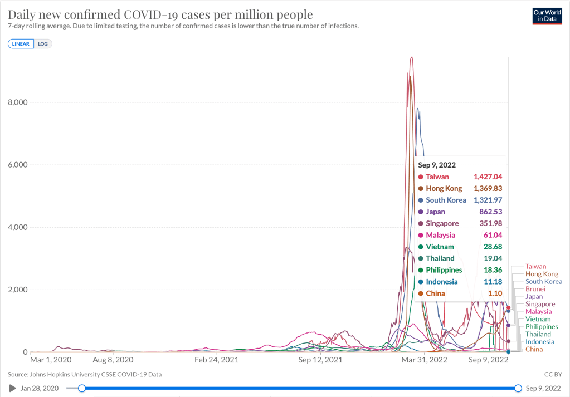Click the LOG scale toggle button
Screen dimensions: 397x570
43,43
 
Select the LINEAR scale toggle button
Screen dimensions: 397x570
21,43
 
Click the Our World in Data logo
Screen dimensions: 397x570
547,15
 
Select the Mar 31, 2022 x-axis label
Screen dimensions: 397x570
425,360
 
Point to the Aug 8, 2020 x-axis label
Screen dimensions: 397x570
113,360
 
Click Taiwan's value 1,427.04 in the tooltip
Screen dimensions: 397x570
488,177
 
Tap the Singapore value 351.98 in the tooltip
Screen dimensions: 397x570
491,224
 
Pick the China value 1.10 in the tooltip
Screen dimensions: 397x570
496,293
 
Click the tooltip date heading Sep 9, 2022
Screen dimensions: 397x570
437,165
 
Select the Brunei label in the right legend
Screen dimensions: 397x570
535,289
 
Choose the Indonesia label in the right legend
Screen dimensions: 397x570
540,342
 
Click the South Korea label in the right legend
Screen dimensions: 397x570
544,282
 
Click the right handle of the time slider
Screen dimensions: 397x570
518,388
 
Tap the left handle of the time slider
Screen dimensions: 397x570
82,388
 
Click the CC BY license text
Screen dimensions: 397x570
553,374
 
